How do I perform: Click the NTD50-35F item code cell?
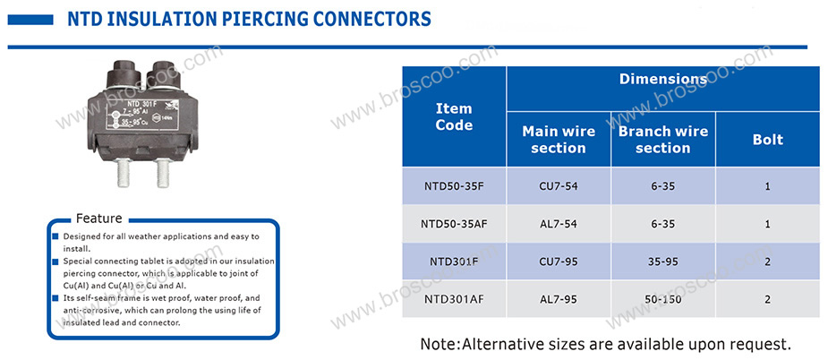(454, 186)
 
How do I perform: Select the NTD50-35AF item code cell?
(454, 224)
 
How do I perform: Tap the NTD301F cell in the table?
(454, 261)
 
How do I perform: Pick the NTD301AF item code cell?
(454, 299)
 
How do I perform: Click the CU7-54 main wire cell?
(559, 186)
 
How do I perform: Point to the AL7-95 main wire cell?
(559, 299)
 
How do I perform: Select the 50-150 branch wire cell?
(662, 299)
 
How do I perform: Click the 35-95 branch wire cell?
(662, 261)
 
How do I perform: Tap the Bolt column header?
(768, 140)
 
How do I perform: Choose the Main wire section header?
(559, 140)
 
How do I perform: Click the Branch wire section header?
(662, 140)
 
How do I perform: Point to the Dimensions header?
(662, 80)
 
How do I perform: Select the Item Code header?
(454, 116)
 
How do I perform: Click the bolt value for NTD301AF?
(768, 299)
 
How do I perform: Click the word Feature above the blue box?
(98, 219)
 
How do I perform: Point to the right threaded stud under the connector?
(163, 173)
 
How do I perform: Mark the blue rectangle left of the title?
(30, 20)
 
